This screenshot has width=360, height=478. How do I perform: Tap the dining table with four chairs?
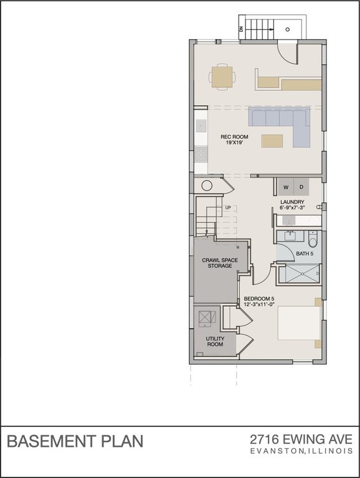(223, 77)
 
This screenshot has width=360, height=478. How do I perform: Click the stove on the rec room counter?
(201, 154)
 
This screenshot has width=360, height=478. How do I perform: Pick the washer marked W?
(286, 187)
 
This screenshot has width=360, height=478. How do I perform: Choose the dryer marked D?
(301, 187)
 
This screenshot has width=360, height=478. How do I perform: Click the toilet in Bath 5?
(313, 238)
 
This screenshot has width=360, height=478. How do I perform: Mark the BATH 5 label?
(305, 254)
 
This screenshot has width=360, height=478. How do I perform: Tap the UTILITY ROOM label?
(215, 342)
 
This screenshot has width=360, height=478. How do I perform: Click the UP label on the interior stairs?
(227, 207)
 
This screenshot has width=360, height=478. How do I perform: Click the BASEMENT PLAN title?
(75, 441)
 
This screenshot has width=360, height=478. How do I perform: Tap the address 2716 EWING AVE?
(301, 439)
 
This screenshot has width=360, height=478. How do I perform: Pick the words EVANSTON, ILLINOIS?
(301, 451)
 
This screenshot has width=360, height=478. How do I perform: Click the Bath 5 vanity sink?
(290, 236)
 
